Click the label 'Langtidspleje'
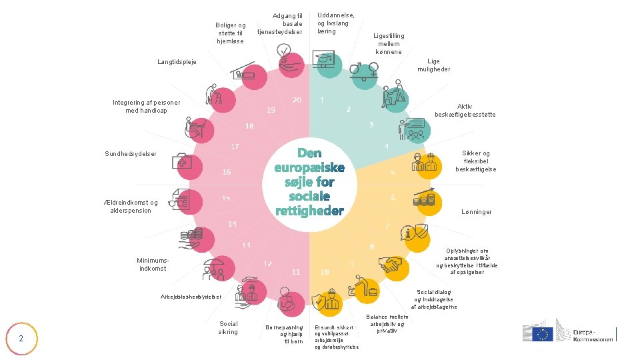pos(177,62)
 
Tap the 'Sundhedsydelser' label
pos(131,154)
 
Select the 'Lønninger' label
pos(477,212)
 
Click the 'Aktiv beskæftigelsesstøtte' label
pos(465,111)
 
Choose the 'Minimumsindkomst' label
pos(153,264)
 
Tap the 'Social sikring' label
pos(228,327)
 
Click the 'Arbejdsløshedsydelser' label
pos(191,297)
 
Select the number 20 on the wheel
pos(297,100)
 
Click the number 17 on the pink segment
pos(235,146)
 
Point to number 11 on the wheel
pos(296,272)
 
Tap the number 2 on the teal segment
pos(348,109)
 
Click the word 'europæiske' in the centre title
pos(309,167)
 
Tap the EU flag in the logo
pos(543,334)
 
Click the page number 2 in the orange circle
pos(21,338)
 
